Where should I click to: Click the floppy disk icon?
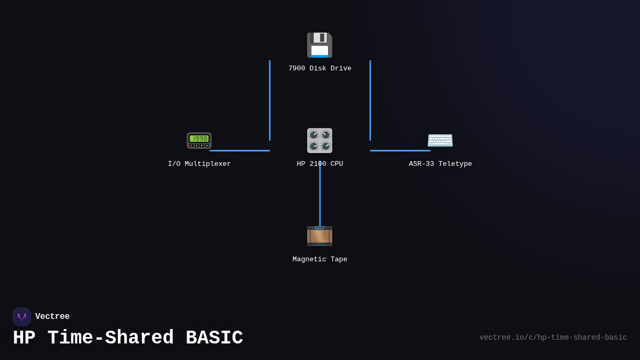point(319,45)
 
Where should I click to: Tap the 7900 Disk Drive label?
point(320,69)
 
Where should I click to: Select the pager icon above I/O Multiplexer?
point(199,140)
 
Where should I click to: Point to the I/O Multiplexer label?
point(199,164)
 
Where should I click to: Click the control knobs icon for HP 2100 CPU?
point(319,141)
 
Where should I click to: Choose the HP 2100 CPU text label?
point(320,164)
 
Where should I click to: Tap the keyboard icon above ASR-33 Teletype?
point(440,140)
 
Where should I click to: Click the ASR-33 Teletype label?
point(441,164)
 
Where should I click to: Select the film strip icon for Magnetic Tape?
point(319,236)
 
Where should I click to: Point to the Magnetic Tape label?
point(320,260)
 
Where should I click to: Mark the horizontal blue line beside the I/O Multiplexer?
point(239,150)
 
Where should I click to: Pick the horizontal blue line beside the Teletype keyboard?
point(400,150)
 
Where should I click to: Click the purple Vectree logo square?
point(22,317)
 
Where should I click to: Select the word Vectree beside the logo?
point(52,317)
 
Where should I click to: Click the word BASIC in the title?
point(214,338)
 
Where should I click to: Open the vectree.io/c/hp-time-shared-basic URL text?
point(553,338)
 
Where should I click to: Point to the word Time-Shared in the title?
point(110,338)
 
